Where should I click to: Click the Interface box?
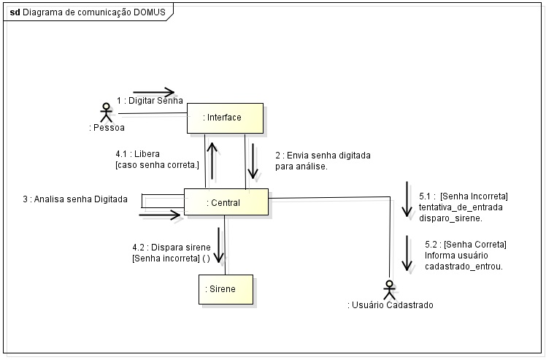[x=225, y=118]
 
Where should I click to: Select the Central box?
[x=226, y=202]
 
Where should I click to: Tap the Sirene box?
[x=226, y=289]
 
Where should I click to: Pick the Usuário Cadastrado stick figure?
[x=390, y=288]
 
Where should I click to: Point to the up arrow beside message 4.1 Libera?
[x=212, y=161]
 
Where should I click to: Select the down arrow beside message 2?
[x=253, y=161]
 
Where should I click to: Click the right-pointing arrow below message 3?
[x=159, y=215]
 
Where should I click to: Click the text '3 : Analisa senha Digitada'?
[x=75, y=199]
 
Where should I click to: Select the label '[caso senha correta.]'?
[x=156, y=166]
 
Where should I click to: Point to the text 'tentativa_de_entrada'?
[x=460, y=207]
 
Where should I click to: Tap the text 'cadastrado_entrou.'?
[x=463, y=266]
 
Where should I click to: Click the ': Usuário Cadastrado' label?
[x=391, y=305]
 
